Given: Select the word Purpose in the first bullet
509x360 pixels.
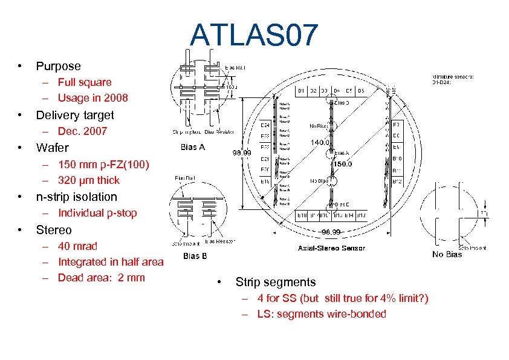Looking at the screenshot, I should click(x=58, y=66).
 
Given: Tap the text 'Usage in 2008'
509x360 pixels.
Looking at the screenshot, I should click(x=92, y=98).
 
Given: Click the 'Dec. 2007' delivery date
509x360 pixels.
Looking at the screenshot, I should click(x=82, y=131).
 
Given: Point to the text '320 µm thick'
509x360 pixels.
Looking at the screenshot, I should click(x=88, y=180).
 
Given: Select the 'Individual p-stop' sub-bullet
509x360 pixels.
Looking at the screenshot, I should click(x=97, y=213).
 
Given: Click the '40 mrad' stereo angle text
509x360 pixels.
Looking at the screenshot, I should click(x=77, y=246).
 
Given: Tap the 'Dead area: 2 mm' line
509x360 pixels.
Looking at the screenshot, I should click(x=101, y=278).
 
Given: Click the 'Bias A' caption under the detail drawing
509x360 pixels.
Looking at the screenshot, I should click(x=193, y=147).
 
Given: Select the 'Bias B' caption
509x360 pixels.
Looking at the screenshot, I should click(x=195, y=256).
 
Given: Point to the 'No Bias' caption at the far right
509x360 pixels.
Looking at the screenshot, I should click(x=447, y=255).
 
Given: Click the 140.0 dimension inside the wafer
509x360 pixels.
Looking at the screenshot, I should click(x=320, y=143).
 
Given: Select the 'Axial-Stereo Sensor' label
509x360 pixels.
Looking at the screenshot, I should click(x=331, y=248).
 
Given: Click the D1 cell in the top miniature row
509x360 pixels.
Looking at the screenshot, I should click(x=302, y=91).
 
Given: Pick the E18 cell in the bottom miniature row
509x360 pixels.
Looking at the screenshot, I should click(x=302, y=215).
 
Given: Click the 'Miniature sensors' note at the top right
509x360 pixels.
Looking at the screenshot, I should click(x=453, y=79).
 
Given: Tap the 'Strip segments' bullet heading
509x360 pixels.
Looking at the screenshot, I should click(x=275, y=282).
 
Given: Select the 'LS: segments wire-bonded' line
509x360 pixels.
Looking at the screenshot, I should click(x=321, y=314).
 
